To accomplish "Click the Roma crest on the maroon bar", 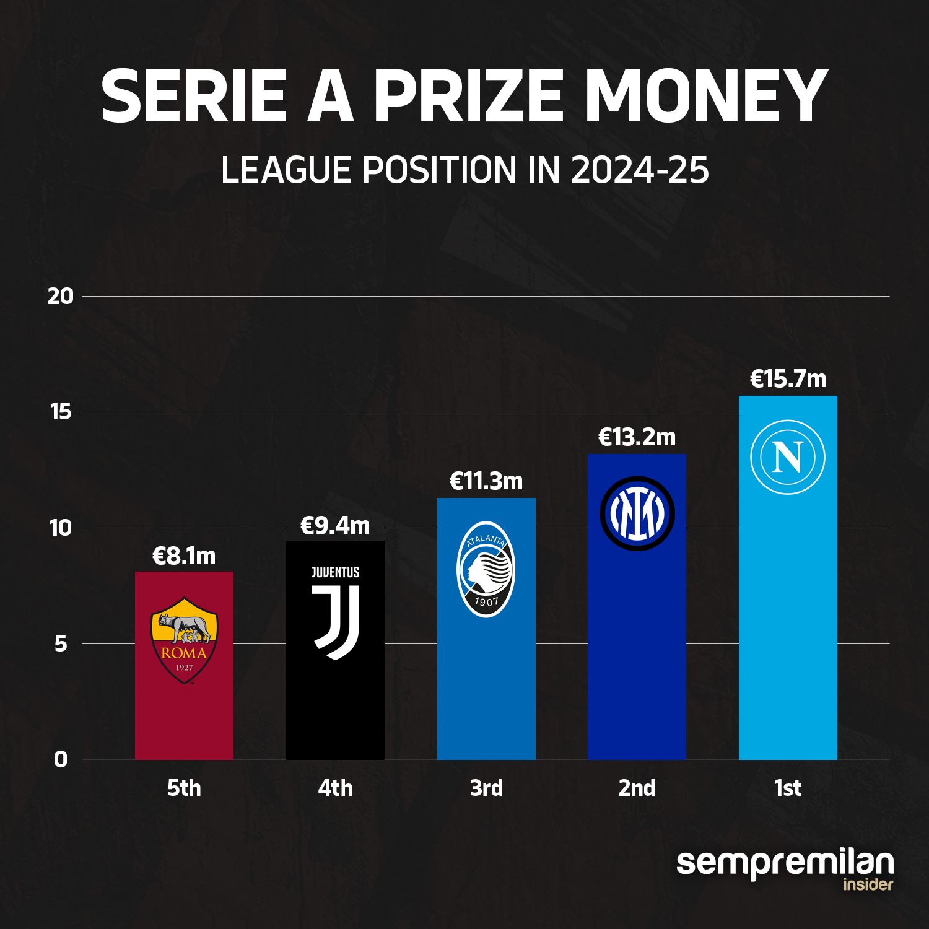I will tap(184, 640).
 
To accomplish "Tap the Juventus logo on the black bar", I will tap(335, 613).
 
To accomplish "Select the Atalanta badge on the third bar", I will tap(486, 569).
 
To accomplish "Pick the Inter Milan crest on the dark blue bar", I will tap(637, 514).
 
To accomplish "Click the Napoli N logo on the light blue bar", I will tap(788, 457).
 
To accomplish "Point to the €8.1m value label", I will tap(184, 556).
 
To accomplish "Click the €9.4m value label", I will tap(335, 526).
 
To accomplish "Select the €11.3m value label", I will tap(486, 481).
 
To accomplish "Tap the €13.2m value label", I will tap(637, 437).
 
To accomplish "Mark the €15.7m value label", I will tap(788, 379).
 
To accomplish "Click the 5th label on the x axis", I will tap(184, 788).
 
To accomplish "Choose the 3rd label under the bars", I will tap(486, 788).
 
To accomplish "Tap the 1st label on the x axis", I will tap(788, 788).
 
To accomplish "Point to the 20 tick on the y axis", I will tap(60, 297).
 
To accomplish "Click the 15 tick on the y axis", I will tap(61, 412).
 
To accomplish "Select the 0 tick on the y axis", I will tap(60, 759).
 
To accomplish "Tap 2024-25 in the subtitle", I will tap(639, 170).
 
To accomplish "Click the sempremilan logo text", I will tap(785, 863).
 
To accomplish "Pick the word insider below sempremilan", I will tap(868, 884).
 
